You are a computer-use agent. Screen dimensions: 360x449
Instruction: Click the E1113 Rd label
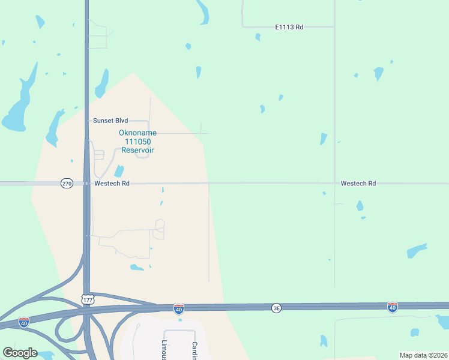[289, 27]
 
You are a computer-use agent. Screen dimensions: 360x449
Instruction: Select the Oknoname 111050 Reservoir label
[137, 142]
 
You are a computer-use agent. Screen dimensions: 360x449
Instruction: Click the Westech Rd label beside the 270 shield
[111, 184]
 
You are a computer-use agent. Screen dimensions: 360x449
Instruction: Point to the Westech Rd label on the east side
[358, 184]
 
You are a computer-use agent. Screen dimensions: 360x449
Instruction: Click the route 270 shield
[67, 183]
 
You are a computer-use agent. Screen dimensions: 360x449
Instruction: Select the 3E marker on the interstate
[276, 308]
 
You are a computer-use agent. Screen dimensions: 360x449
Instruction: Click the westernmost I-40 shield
[23, 322]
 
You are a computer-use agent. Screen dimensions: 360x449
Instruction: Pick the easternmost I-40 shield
[393, 307]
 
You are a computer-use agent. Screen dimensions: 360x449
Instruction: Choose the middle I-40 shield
[178, 308]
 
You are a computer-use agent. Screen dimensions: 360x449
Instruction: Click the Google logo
[20, 352]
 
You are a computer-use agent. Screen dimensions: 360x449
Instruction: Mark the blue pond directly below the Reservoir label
[119, 171]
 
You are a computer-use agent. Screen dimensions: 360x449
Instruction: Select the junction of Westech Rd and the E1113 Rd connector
[334, 183]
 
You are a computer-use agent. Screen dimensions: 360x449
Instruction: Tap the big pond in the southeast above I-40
[417, 250]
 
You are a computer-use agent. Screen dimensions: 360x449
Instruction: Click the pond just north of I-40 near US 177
[137, 267]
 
